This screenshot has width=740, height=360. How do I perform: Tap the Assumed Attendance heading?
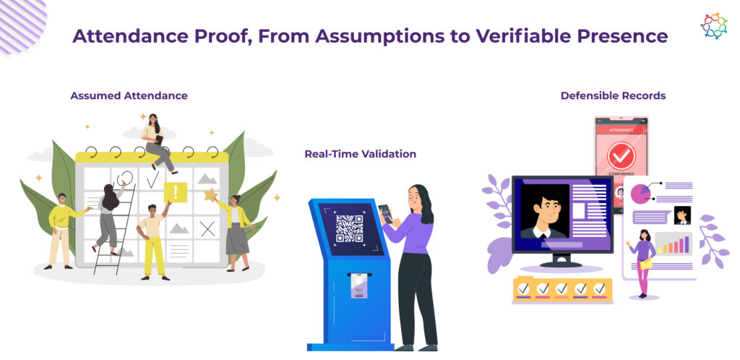[x=129, y=95]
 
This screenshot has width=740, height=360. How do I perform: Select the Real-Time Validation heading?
[x=361, y=154]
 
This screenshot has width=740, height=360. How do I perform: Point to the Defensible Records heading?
[x=613, y=95]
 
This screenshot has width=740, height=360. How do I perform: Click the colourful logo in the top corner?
[x=713, y=25]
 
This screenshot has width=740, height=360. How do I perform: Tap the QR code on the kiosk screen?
[x=349, y=228]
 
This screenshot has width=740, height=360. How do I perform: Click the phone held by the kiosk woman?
[x=385, y=213]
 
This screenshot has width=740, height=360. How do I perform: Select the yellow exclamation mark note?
[x=176, y=192]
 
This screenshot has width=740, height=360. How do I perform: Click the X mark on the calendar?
[x=207, y=229]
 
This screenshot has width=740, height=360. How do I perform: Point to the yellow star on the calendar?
[x=210, y=194]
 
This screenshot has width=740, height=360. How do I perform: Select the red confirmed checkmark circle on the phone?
[x=621, y=156]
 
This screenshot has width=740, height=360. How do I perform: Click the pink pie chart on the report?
[x=640, y=194]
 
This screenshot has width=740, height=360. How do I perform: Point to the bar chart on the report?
[x=674, y=244]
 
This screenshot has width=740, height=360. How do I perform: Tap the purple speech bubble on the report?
[x=651, y=218]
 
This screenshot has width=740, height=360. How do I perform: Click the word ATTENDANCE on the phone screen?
[x=621, y=129]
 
